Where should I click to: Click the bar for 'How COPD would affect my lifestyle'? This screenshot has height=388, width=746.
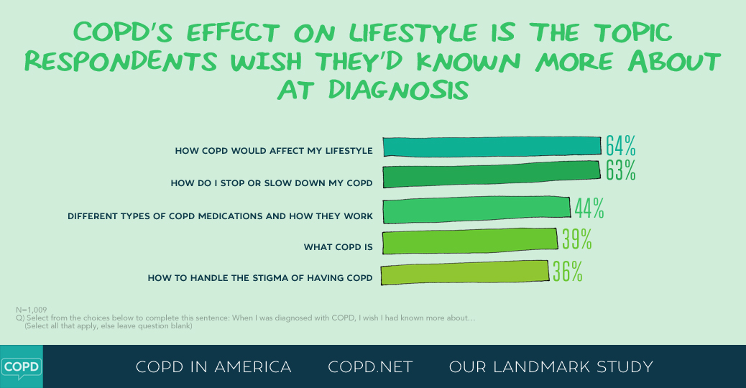pos(492,146)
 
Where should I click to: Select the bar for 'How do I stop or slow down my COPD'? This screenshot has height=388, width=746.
pos(492,176)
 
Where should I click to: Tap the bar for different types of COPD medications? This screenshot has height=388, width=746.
pos(476,210)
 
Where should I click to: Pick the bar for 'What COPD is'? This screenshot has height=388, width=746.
pos(469,241)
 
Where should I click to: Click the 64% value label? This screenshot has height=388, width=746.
pos(620,145)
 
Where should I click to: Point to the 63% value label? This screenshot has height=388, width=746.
pos(620,171)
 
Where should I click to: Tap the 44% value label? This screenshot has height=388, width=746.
pos(589,208)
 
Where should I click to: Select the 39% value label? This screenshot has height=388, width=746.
pos(576,239)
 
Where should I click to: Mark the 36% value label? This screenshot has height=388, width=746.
pos(568,271)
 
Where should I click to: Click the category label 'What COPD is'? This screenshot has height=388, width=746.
pos(338,247)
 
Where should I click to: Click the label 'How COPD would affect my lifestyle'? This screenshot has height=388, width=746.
pos(274,151)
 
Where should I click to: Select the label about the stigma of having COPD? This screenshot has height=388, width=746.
pos(260,278)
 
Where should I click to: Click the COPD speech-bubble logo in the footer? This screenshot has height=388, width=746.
pos(21,366)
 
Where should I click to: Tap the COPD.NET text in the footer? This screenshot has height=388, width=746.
pos(370,367)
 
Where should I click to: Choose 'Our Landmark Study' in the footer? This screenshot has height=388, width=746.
pos(551,367)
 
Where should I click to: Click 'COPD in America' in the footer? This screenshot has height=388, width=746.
pos(213,367)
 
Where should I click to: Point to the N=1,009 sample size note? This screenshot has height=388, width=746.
pos(31,310)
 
